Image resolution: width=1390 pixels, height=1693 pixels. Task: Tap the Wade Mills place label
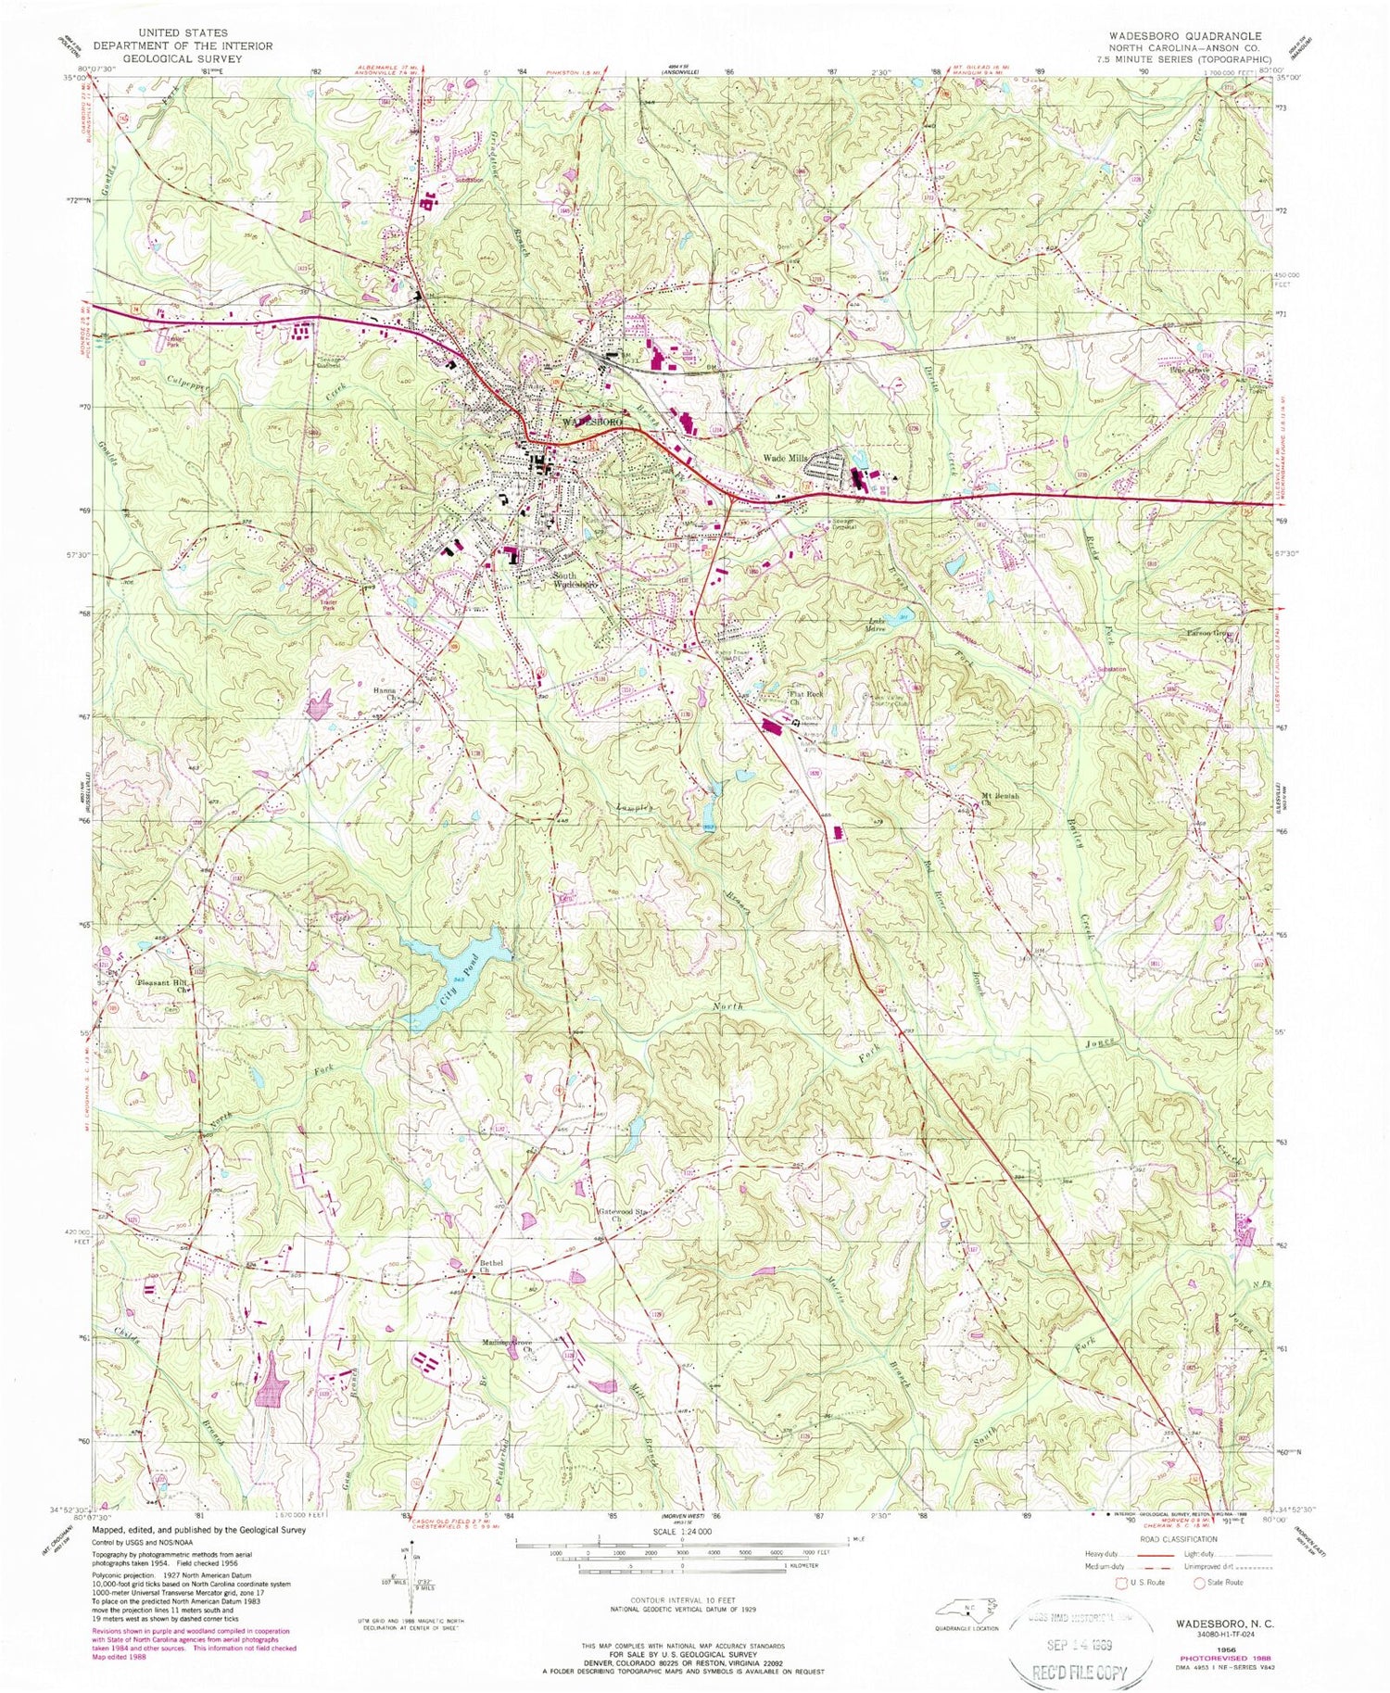pos(786,459)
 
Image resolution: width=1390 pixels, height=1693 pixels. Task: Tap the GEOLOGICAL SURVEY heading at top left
pos(182,58)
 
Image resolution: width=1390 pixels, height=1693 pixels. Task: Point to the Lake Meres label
pos(877,625)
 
